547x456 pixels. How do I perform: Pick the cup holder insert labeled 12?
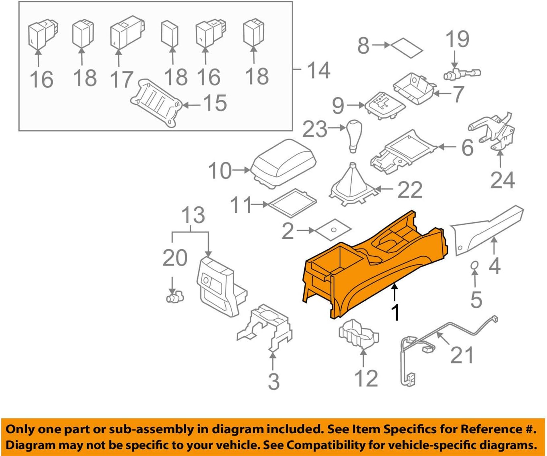(359, 333)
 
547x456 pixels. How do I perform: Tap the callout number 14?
(318, 70)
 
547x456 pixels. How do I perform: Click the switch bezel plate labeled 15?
(157, 103)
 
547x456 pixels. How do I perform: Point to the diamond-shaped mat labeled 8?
(407, 48)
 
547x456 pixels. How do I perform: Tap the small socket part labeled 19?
(461, 73)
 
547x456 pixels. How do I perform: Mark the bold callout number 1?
(395, 313)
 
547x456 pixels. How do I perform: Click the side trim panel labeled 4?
(487, 230)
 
